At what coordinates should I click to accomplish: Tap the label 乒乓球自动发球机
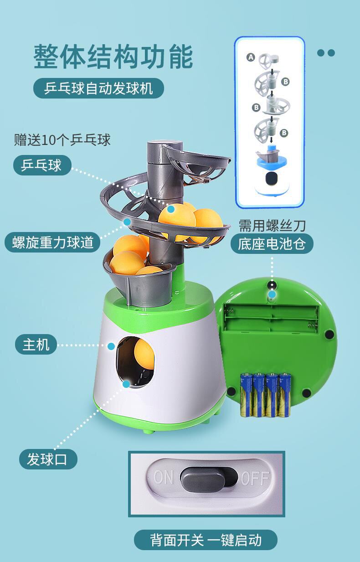coord(98,88)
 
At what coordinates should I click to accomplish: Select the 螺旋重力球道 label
coord(53,242)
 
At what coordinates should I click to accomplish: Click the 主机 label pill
coord(36,344)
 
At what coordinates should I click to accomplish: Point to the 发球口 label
coord(48,459)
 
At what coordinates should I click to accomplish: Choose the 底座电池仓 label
coord(272,243)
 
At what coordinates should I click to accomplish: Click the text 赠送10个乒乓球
coord(62,140)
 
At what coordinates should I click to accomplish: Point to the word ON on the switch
coord(163,477)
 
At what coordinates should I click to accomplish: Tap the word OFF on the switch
coord(255,478)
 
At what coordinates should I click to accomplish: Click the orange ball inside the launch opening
coord(144,354)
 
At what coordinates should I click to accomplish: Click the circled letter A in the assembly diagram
coord(251,57)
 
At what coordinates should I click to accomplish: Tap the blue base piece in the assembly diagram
coord(272,156)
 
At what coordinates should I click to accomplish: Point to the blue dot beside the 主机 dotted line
coord(111,346)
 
